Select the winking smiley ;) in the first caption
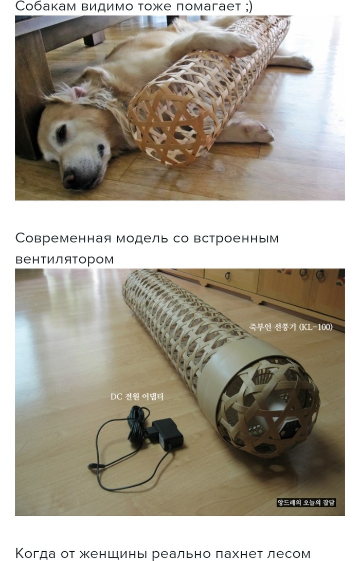[x=248, y=7]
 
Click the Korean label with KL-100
[x=291, y=327]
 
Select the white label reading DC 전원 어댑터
[x=137, y=396]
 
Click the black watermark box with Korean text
[x=307, y=502]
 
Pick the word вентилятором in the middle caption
[x=64, y=259]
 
